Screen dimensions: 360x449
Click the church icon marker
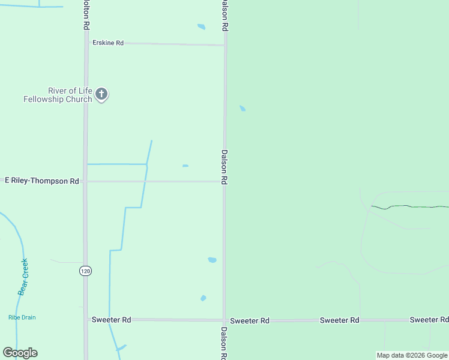pyautogui.click(x=101, y=94)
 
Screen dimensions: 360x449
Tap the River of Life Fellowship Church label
pyautogui.click(x=58, y=95)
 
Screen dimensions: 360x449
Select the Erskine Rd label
pyautogui.click(x=108, y=43)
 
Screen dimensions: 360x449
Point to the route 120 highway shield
pyautogui.click(x=85, y=271)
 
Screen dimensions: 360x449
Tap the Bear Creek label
pyautogui.click(x=23, y=277)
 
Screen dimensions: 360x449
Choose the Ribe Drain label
pyautogui.click(x=22, y=317)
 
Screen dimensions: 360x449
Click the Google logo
pyautogui.click(x=20, y=353)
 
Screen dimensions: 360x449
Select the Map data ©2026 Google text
pyautogui.click(x=411, y=355)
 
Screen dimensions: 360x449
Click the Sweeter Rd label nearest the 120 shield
pyautogui.click(x=111, y=320)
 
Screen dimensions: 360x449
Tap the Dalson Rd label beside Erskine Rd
pyautogui.click(x=224, y=16)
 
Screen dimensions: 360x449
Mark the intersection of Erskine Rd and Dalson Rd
pyautogui.click(x=225, y=44)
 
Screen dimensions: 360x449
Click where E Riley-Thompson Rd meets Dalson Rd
pyautogui.click(x=224, y=181)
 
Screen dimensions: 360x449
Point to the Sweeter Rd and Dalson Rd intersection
pyautogui.click(x=224, y=320)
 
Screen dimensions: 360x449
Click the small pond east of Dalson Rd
pyautogui.click(x=243, y=109)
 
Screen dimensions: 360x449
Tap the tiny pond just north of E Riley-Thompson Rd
pyautogui.click(x=185, y=166)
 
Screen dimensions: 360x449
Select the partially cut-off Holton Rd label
pyautogui.click(x=86, y=15)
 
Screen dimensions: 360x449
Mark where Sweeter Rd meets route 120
pyautogui.click(x=85, y=320)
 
